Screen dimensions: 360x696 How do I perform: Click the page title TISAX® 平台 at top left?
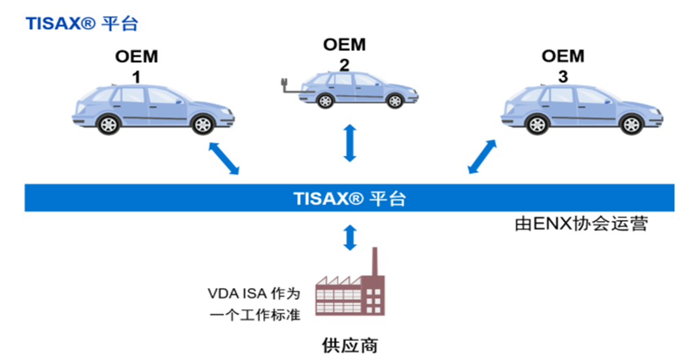[x=82, y=24]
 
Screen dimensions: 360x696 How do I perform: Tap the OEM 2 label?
[x=344, y=54]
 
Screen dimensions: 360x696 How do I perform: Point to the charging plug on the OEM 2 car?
[x=285, y=84]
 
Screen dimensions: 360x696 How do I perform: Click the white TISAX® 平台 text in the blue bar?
[x=349, y=198]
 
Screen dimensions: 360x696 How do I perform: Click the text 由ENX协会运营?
[x=580, y=225]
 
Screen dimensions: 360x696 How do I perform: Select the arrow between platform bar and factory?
[x=351, y=238]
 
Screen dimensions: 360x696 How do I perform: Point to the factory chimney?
[x=375, y=262]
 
